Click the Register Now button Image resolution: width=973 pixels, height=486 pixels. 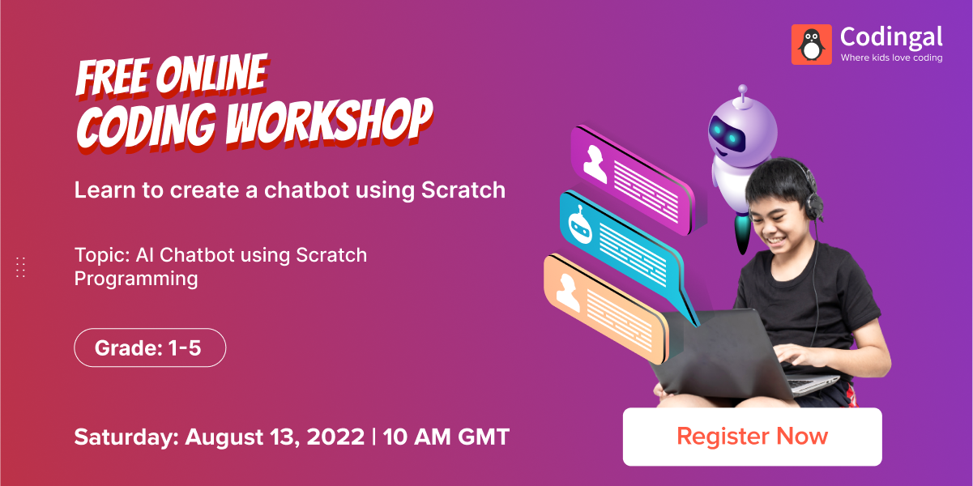[x=752, y=437]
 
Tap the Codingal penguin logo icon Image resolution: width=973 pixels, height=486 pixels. [x=812, y=44]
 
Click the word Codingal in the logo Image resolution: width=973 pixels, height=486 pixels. [x=891, y=36]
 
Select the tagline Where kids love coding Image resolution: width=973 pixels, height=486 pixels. [x=891, y=58]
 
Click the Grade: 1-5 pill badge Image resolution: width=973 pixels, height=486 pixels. [x=150, y=349]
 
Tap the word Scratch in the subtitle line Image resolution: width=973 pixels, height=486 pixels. [x=463, y=190]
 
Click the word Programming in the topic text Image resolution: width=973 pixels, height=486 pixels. [x=136, y=279]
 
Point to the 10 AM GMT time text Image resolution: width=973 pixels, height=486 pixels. [x=446, y=437]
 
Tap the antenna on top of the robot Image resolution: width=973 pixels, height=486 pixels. [x=742, y=91]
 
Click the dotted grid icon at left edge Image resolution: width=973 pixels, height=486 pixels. [x=21, y=267]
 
